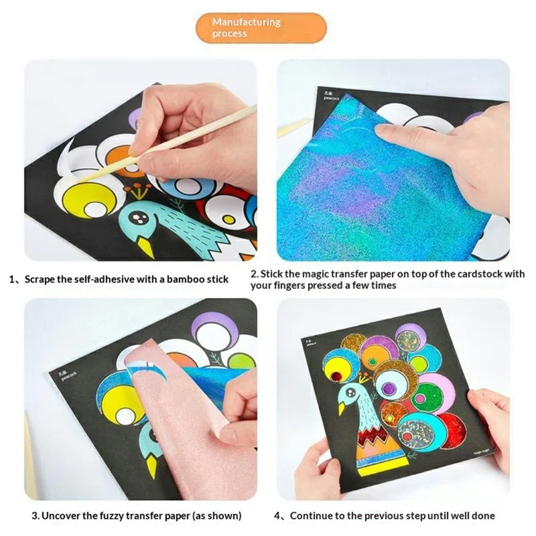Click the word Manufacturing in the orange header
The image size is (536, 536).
click(x=246, y=22)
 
